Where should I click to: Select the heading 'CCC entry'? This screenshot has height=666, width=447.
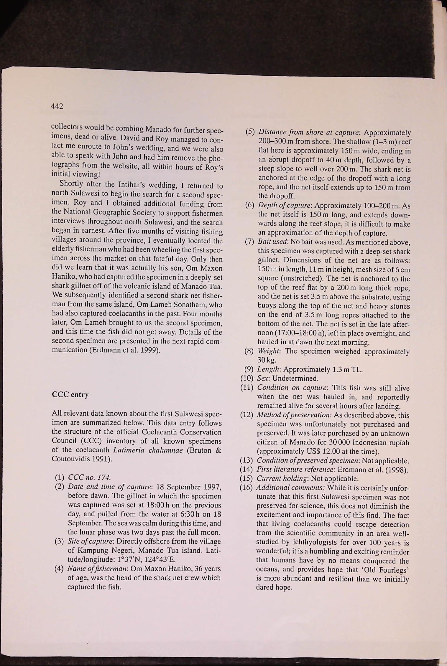(x=70, y=394)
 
